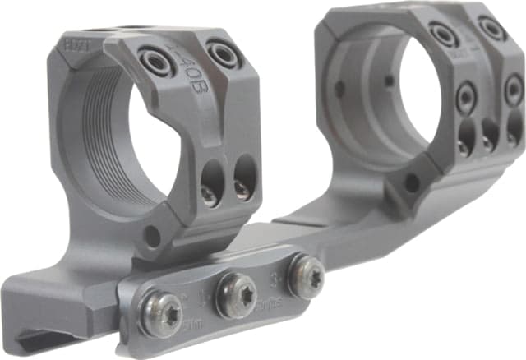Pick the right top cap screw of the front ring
click(223, 54)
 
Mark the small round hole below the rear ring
click(410, 183)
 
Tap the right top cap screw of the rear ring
click(491, 28)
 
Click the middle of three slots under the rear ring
click(490, 136)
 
